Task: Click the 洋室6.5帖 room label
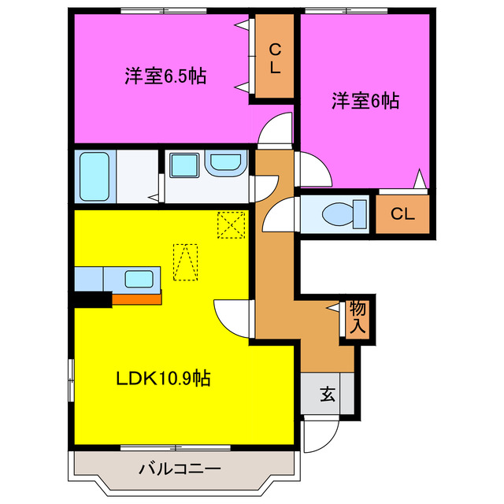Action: point(165,76)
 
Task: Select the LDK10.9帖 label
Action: point(163,378)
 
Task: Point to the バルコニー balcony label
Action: point(180,469)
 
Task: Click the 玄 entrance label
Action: point(327,395)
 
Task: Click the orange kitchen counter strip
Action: point(136,298)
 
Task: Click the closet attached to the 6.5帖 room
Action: point(274,60)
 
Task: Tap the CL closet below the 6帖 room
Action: point(402,213)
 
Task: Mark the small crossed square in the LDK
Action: point(232,224)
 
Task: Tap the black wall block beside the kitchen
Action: point(92,298)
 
